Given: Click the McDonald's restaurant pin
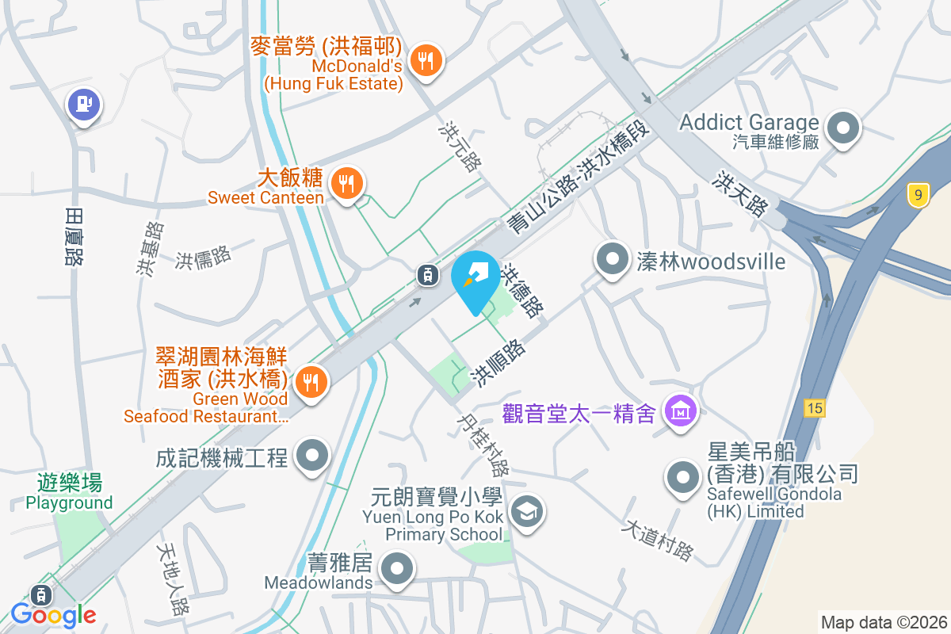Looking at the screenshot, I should [426, 60].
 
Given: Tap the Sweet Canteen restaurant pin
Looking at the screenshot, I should [346, 183].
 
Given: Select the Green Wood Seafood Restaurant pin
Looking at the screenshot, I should [311, 383].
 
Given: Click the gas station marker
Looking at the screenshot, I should [83, 104].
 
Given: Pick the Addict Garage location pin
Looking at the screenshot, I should [843, 128].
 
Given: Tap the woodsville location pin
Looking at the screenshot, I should [612, 259].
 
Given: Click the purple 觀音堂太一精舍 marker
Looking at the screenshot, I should [680, 411].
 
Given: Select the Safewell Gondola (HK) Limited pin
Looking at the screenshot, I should [682, 477].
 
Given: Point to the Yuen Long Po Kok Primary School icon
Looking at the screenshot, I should [525, 511].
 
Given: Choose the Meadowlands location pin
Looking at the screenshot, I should [397, 570].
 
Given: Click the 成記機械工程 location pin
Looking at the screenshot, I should [311, 457].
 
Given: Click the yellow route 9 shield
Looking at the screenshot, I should [918, 194].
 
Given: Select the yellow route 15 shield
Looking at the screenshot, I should [814, 408].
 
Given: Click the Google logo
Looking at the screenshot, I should [54, 614].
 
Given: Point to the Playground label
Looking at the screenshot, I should [70, 502].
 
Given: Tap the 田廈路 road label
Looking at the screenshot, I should [74, 235].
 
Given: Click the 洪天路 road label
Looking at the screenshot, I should [740, 194].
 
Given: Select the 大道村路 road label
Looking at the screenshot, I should [658, 540].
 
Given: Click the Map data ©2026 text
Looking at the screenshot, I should [884, 622].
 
